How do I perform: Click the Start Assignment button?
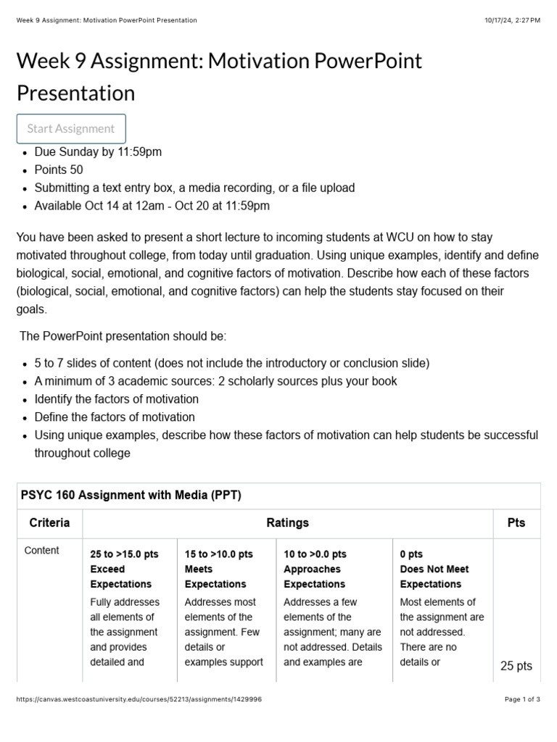pos(71,128)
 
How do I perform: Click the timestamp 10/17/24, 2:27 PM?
pos(513,20)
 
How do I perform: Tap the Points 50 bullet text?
pos(59,170)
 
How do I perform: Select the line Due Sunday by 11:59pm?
pos(98,151)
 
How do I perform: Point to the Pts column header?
pos(516,522)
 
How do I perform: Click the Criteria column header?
pos(49,522)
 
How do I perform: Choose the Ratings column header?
pos(288,522)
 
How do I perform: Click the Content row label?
pos(42,551)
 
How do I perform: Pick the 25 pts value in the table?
pos(516,666)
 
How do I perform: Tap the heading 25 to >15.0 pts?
pos(124,554)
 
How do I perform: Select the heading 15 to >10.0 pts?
pos(219,554)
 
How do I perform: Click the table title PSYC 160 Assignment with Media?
pos(131,496)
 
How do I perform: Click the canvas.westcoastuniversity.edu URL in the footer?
pos(139,699)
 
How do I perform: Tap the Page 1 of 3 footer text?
pos(522,699)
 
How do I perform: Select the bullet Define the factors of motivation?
pos(115,417)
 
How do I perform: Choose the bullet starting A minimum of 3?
pos(215,380)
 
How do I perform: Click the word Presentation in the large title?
pos(75,93)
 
